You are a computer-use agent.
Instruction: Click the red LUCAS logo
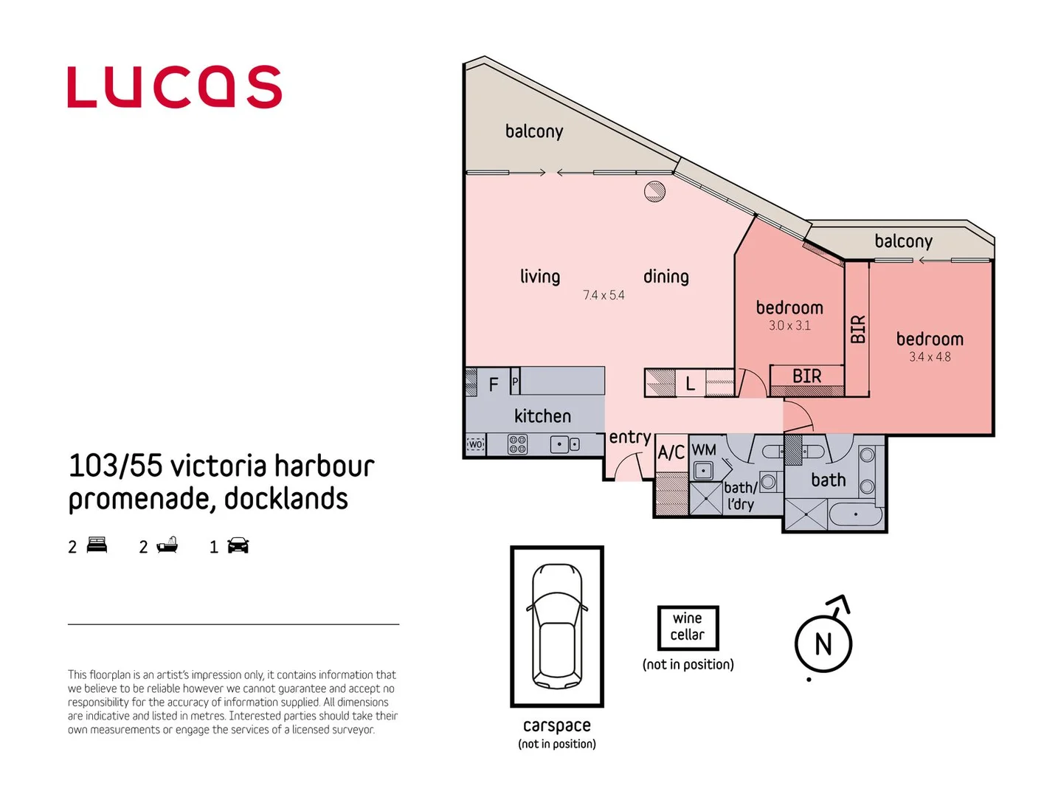pyautogui.click(x=174, y=87)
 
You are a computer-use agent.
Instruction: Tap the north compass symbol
pyautogui.click(x=823, y=643)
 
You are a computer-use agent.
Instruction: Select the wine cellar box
pyautogui.click(x=688, y=627)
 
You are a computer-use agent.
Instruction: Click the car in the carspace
pyautogui.click(x=557, y=626)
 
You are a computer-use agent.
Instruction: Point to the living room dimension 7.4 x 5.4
pyautogui.click(x=604, y=295)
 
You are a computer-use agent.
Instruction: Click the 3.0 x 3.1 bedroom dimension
pyautogui.click(x=789, y=325)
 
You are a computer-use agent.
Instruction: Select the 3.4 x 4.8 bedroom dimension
pyautogui.click(x=930, y=357)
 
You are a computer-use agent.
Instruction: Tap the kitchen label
pyautogui.click(x=542, y=416)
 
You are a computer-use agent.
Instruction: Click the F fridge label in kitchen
pyautogui.click(x=494, y=384)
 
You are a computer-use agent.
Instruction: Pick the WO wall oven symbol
pyautogui.click(x=475, y=445)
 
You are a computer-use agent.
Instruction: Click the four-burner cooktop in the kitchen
pyautogui.click(x=517, y=444)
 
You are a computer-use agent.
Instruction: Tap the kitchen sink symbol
pyautogui.click(x=565, y=444)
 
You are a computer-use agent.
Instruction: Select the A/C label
pyautogui.click(x=671, y=452)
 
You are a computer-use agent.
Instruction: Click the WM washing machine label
pyautogui.click(x=704, y=449)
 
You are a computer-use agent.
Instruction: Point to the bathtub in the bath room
pyautogui.click(x=855, y=514)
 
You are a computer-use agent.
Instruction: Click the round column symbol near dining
pyautogui.click(x=654, y=192)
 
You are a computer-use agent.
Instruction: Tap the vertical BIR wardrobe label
pyautogui.click(x=857, y=329)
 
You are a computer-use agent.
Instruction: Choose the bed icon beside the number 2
pyautogui.click(x=97, y=545)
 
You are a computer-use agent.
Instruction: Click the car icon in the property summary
pyautogui.click(x=238, y=545)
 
